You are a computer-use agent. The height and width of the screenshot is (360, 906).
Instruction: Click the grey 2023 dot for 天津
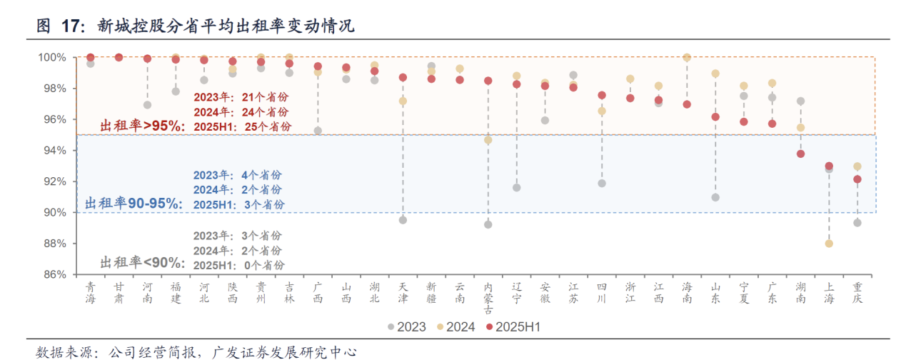[x=403, y=220]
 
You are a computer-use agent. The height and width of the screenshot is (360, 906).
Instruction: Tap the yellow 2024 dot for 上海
[x=829, y=244]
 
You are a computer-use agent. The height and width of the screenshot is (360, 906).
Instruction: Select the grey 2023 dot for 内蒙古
[x=488, y=224]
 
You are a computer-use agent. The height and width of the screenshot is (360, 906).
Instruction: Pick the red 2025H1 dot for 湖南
[x=800, y=154]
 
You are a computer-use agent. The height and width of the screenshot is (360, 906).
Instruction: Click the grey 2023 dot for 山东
[x=715, y=197]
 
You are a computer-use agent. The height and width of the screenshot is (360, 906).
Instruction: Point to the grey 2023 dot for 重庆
[x=857, y=223]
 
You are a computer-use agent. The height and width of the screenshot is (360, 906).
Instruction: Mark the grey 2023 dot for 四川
[x=602, y=184]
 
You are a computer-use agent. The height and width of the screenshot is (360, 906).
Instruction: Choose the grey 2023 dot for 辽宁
[x=517, y=188]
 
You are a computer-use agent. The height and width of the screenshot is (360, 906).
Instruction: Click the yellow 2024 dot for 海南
[x=687, y=57]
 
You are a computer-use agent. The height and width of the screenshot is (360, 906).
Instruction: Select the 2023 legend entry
[x=407, y=327]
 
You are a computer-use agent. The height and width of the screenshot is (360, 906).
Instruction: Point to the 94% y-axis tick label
[x=52, y=150]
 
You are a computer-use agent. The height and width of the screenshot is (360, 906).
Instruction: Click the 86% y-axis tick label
[x=52, y=274]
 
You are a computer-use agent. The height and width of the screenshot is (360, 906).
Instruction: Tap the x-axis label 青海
[x=90, y=292]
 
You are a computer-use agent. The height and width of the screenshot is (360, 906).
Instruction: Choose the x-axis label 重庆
[x=857, y=292]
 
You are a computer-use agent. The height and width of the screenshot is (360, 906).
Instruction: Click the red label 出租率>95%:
[x=142, y=126]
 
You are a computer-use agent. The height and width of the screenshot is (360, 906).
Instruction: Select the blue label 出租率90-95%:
[x=134, y=204]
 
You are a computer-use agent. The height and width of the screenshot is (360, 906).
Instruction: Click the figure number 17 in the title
[x=69, y=26]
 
